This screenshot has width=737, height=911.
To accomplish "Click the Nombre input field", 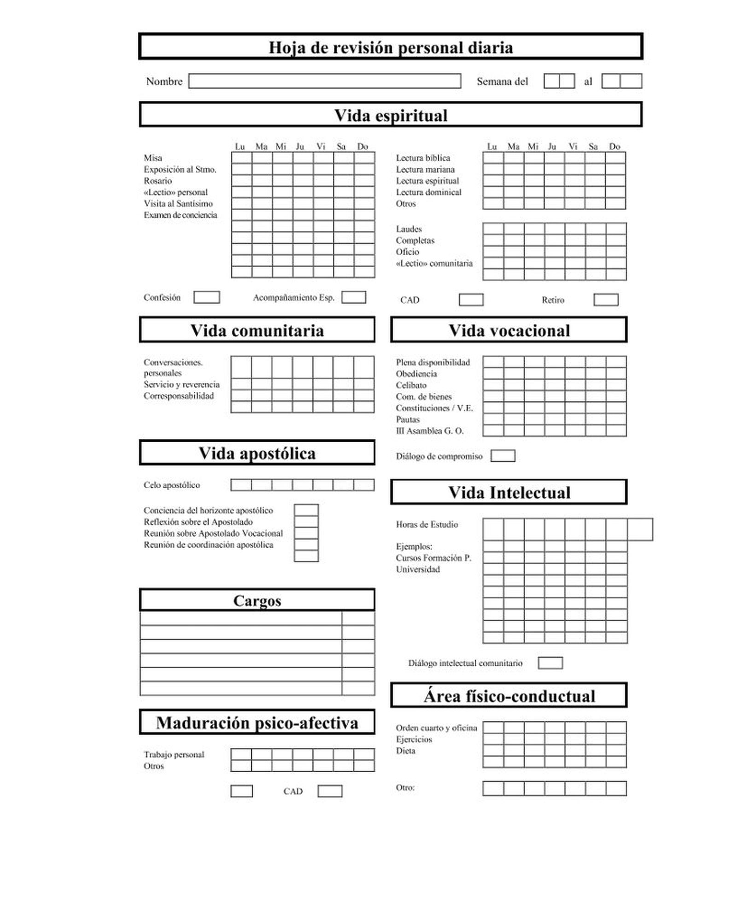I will point(324,81).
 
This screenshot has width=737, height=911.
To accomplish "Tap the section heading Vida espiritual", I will point(391,115).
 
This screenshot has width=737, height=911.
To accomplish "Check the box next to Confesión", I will point(206,297).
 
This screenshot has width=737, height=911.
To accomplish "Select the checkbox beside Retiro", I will point(606,300).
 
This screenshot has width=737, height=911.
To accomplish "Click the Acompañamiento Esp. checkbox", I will point(353,297).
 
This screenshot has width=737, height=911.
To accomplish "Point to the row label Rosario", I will point(158,181).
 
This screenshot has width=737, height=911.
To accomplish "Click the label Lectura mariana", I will point(425,169).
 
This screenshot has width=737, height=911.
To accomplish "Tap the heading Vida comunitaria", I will point(257,330).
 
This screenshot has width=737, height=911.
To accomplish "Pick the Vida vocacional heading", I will point(509,330).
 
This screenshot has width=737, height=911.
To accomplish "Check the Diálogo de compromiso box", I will point(503,456).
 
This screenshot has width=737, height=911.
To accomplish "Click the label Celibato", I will point(411,385).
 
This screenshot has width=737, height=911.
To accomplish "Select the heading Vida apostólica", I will point(257,453).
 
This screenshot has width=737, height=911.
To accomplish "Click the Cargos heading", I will point(257,601).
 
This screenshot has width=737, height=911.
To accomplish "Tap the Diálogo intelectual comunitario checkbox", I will point(550,663).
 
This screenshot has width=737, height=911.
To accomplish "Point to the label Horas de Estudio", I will point(427,524).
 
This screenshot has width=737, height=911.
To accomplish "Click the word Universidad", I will point(417,569).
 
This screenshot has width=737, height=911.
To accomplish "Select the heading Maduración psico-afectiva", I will point(257,723).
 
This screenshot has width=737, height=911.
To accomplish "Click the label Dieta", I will point(405,751).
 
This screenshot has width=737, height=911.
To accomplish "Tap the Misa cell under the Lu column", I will point(241,158).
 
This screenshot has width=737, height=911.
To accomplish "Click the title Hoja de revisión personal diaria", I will point(391,47).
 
